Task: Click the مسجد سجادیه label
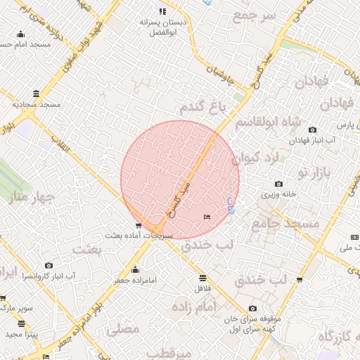[37, 104]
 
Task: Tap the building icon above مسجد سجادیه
[36, 94]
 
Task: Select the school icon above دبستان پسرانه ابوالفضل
[163, 11]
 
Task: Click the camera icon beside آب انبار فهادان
[312, 130]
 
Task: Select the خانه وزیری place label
[280, 193]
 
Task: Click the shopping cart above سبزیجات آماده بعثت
[138, 226]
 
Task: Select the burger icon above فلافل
[202, 278]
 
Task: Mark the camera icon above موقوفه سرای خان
[252, 308]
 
